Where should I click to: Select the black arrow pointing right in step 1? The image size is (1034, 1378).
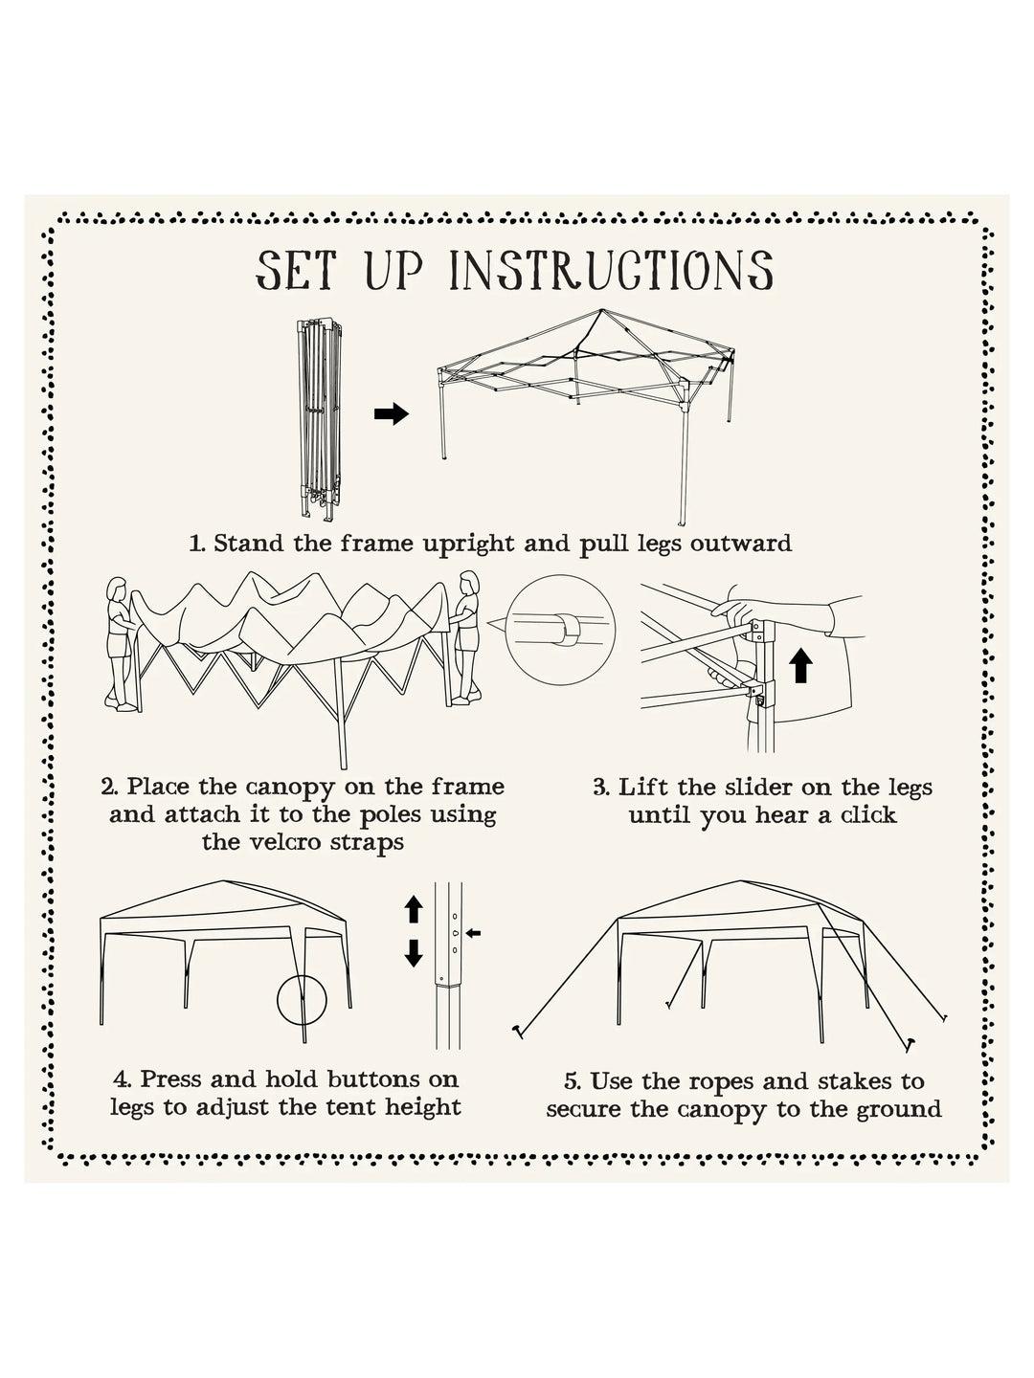pos(391,414)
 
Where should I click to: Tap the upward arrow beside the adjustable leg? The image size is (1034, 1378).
pos(414,908)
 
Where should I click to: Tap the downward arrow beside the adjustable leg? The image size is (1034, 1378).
pos(414,953)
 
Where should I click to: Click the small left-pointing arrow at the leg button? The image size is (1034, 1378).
pos(476,932)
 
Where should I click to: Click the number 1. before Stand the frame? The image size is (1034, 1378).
pos(197,544)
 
